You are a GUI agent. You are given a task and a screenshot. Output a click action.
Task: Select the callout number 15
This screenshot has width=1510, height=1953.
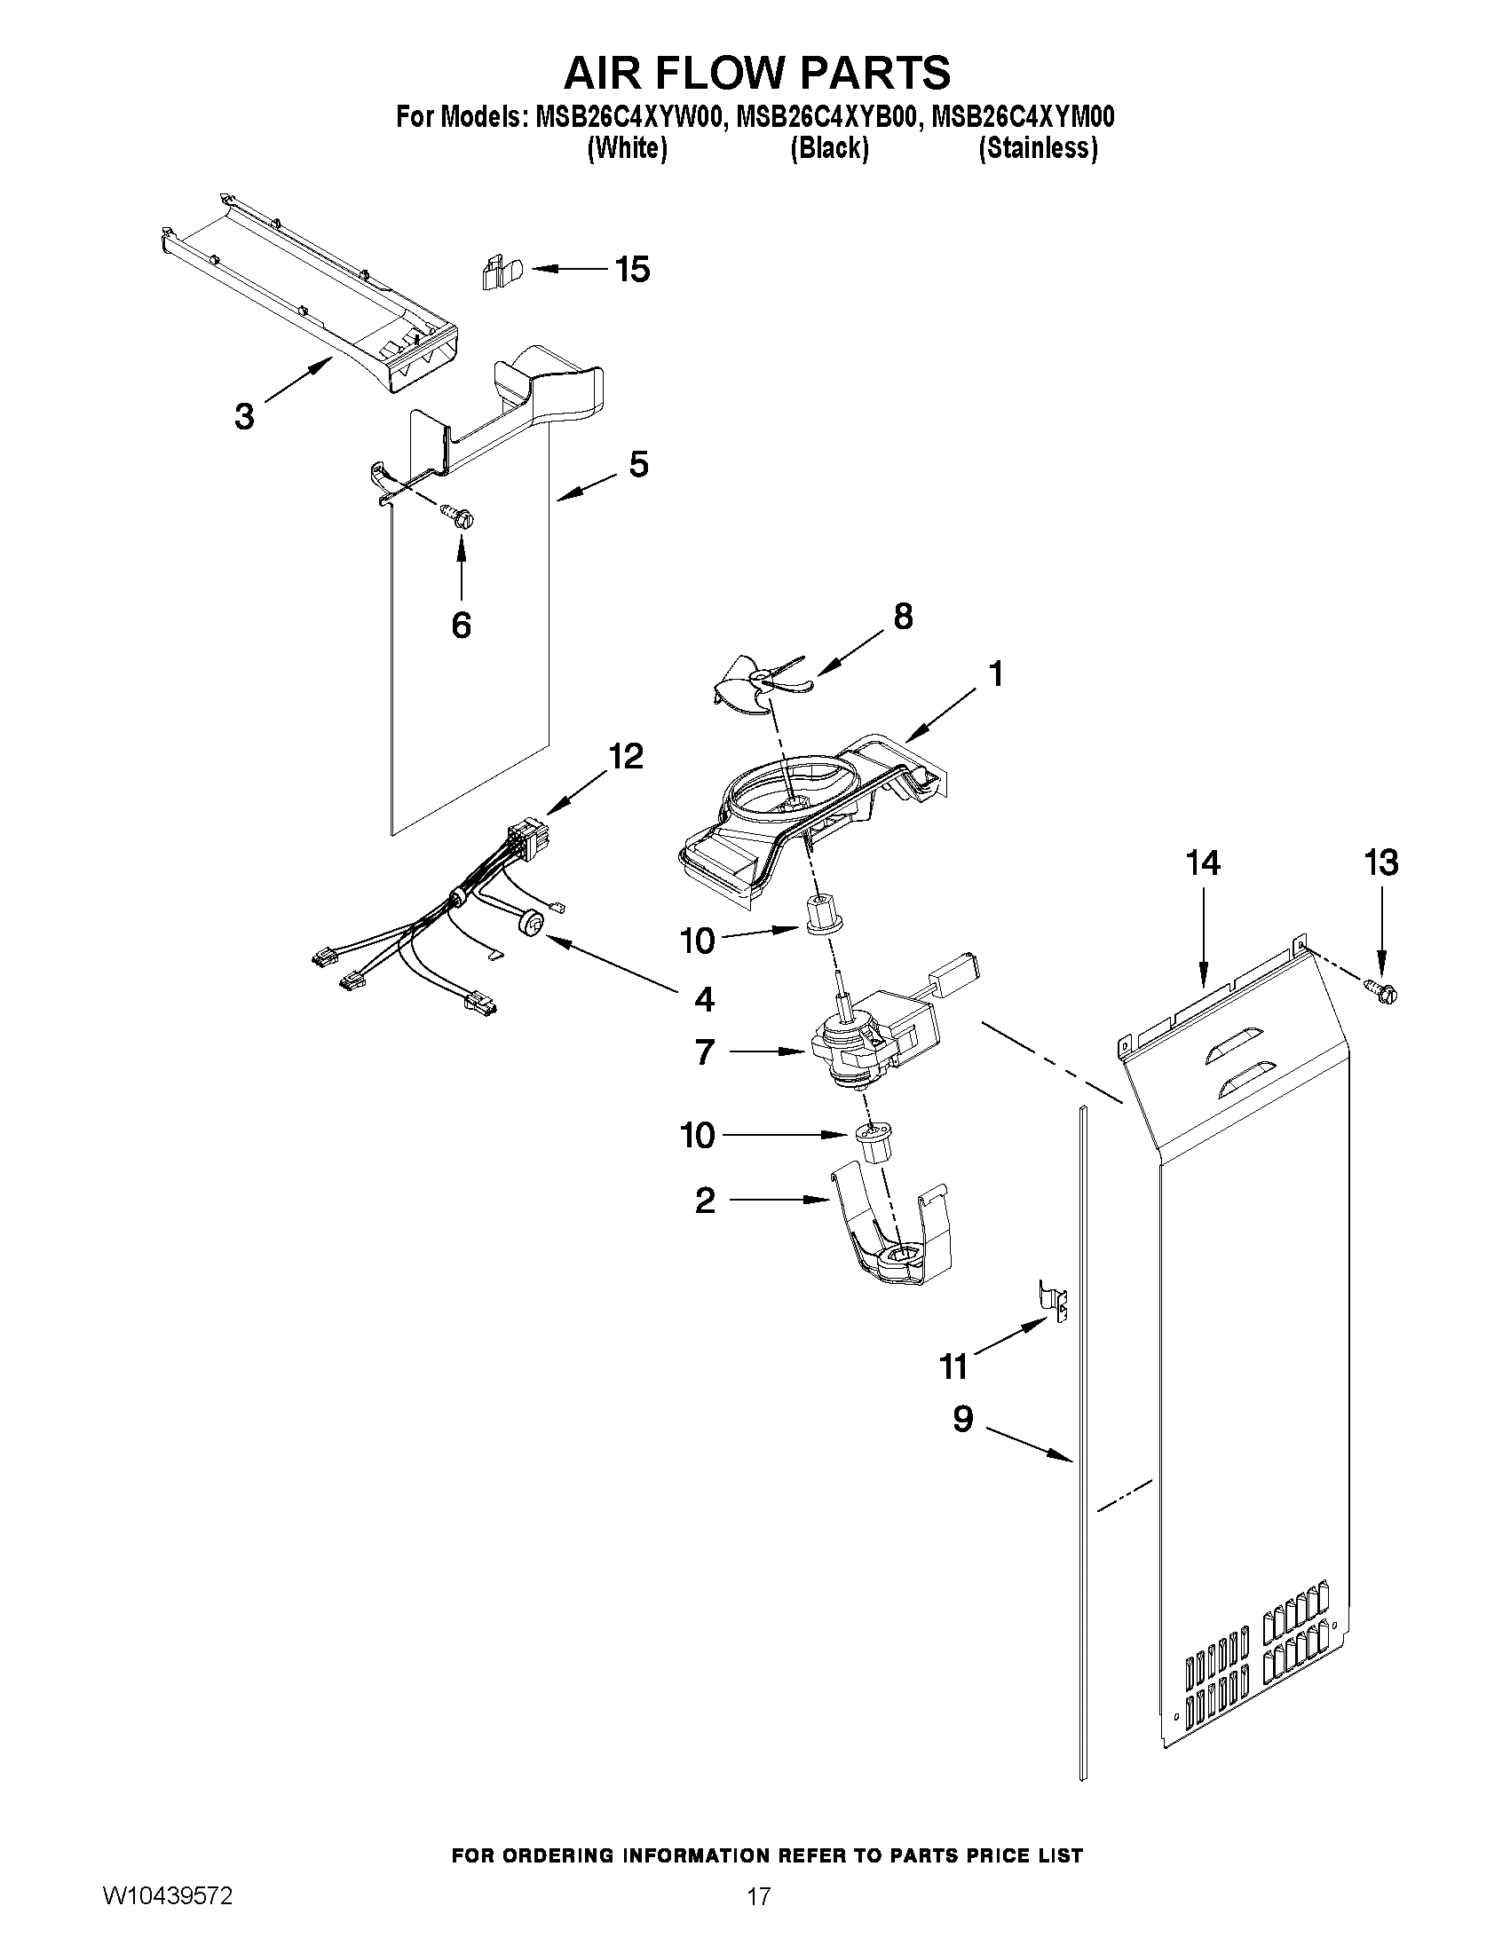(632, 269)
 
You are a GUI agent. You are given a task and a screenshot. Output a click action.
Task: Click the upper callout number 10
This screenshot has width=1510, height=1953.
(698, 941)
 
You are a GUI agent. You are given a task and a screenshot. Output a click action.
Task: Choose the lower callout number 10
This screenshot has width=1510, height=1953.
(698, 1136)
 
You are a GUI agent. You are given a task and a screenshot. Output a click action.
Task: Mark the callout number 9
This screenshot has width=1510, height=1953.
(962, 1419)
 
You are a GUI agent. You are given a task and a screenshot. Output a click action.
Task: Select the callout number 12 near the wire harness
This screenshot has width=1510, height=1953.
(625, 757)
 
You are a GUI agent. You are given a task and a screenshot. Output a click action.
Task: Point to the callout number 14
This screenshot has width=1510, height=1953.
(1203, 863)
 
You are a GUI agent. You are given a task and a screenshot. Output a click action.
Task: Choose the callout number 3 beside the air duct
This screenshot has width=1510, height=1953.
(243, 417)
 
